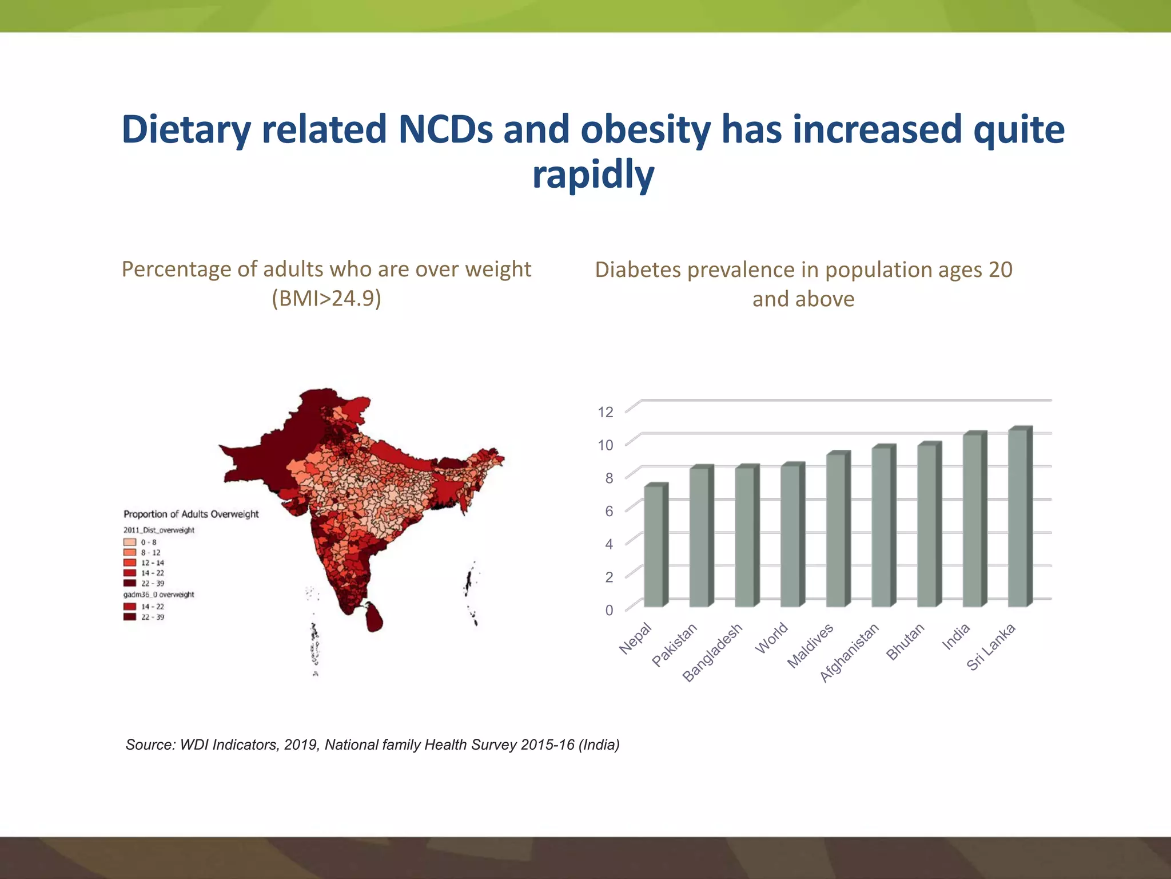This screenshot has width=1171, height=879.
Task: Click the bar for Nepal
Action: click(654, 547)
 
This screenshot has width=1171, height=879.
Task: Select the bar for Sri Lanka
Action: click(1018, 518)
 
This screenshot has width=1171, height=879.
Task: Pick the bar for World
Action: click(791, 536)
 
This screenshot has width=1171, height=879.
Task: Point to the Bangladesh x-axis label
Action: click(714, 653)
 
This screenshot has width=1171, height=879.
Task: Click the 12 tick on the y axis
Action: click(606, 412)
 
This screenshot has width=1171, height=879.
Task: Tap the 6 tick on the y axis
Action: click(609, 511)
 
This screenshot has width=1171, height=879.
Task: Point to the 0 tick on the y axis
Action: click(609, 610)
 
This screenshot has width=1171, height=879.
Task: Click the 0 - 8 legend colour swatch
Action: click(130, 542)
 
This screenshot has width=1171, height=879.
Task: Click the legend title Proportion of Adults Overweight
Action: click(191, 514)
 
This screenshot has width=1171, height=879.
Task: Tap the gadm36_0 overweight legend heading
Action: click(159, 595)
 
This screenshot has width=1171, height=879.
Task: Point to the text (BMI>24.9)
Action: click(326, 298)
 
